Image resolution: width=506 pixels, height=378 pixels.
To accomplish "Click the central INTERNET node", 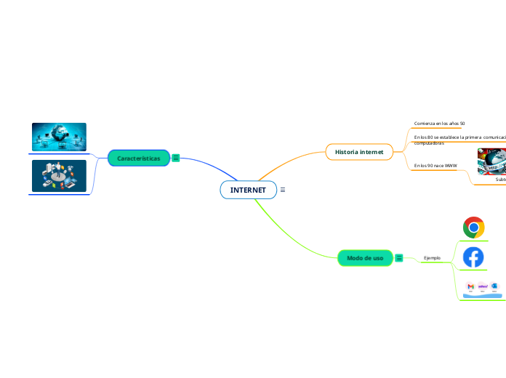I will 248,190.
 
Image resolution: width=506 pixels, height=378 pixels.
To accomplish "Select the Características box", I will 139,158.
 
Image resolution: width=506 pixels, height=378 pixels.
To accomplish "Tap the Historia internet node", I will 359,151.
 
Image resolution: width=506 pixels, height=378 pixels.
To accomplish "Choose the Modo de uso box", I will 365,258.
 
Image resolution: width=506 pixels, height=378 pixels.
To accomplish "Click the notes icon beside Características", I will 176,158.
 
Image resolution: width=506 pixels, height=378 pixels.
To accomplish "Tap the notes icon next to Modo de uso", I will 399,258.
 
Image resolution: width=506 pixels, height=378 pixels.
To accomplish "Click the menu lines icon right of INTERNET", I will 282,190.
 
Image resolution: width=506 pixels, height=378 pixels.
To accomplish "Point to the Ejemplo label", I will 432,258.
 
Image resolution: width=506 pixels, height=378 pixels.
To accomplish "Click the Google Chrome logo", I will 474,228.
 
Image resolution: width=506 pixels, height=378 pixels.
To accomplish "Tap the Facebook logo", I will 473,257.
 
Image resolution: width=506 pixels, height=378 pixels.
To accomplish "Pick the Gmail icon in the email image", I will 470,287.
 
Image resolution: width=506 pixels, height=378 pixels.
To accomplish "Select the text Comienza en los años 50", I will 439,124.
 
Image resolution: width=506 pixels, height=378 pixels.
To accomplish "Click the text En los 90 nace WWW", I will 435,166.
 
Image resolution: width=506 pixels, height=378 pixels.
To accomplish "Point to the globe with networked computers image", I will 59,137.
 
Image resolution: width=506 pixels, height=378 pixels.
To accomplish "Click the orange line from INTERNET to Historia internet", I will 291,163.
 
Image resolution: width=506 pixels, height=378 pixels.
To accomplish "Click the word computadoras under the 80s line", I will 429,143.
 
